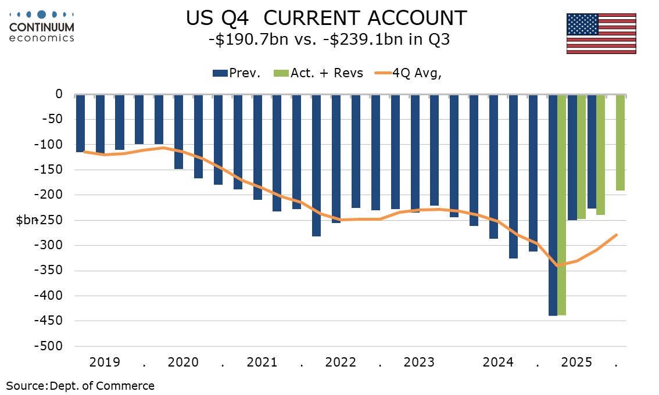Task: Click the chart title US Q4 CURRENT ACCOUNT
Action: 326,18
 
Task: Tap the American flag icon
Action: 600,34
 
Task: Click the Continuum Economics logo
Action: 42,26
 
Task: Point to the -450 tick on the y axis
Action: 54,321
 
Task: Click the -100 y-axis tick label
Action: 54,145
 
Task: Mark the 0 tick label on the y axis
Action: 59,94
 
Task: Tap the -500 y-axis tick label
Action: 54,346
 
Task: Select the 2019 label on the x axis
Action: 105,362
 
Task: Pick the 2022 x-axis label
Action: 341,362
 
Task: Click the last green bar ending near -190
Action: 621,142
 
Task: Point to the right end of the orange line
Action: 616,235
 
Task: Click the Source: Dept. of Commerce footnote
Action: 80,386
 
